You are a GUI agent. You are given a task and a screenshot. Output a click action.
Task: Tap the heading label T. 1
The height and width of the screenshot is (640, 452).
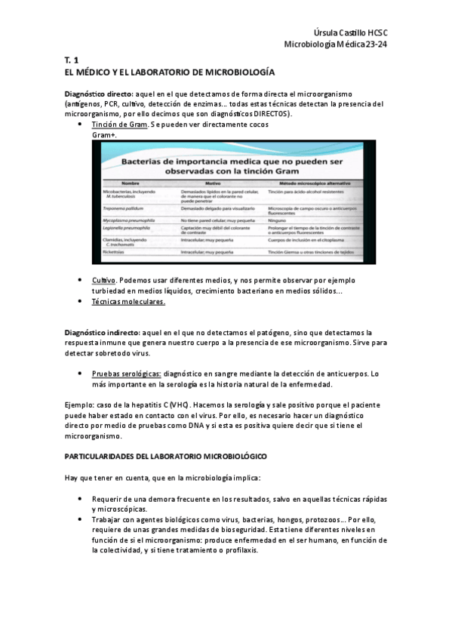tap(72, 60)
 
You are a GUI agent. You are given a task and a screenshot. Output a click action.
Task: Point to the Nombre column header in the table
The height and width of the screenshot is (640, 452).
tap(131, 183)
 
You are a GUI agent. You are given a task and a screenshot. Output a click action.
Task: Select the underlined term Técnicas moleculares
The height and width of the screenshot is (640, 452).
tap(128, 302)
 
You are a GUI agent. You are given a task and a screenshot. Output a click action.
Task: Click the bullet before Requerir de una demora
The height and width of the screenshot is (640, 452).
tap(80, 499)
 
